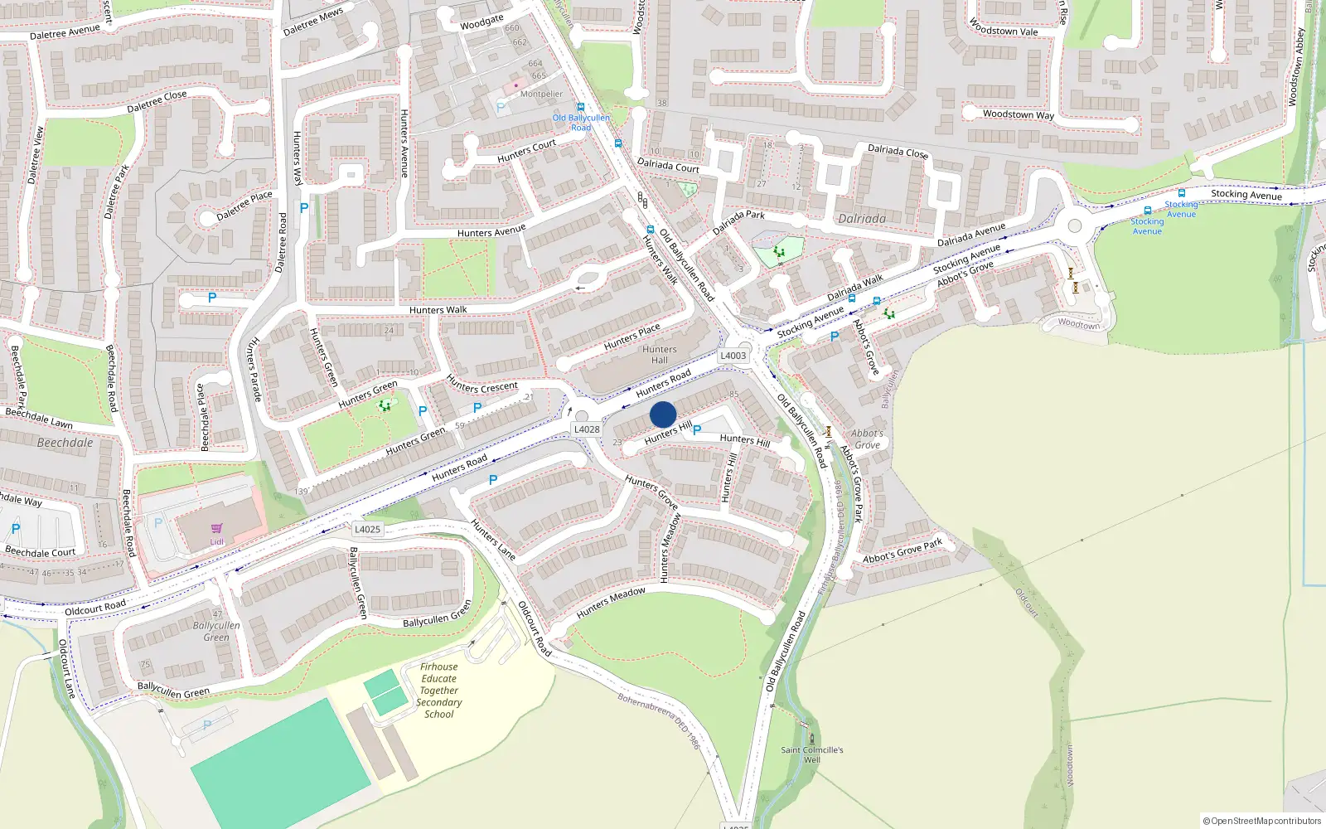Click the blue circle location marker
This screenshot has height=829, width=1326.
pos(663,414)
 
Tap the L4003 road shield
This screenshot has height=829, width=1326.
pos(733,356)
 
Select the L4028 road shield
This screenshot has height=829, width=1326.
pos(587,429)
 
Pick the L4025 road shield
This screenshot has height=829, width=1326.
pos(367,529)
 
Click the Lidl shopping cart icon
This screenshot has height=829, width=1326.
pos(216,529)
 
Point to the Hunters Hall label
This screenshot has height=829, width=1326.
pos(660,355)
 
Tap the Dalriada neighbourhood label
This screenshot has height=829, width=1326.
pos(862,219)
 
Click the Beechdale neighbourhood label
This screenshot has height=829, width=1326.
pos(65,443)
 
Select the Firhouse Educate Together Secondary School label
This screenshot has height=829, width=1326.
pos(439,691)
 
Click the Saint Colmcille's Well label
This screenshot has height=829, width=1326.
pos(812,754)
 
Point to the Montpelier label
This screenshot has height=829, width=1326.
pos(541,94)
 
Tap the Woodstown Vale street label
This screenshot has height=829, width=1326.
pos(1003,27)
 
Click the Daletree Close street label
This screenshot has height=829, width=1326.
pos(157,101)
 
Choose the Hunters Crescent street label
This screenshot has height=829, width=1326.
pos(482,385)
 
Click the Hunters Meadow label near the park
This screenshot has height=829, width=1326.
pos(611,603)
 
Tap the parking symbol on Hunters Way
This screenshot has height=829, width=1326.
pos(304,208)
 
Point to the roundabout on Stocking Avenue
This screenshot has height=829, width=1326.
pos(1075,225)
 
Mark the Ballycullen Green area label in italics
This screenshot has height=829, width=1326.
pos(216,631)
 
